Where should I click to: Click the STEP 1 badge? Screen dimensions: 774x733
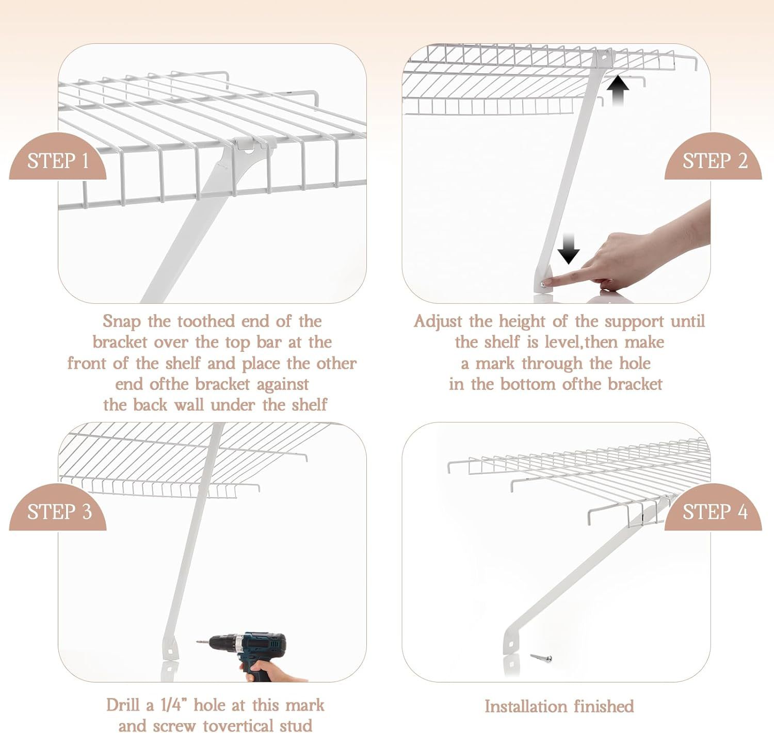[58, 157]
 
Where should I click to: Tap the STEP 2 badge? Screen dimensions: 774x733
[714, 157]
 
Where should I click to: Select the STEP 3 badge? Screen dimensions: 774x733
[58, 508]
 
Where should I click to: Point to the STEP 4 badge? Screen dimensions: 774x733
[714, 508]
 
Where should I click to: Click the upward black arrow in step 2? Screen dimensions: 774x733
[617, 91]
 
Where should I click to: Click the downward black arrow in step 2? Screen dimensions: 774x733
[569, 249]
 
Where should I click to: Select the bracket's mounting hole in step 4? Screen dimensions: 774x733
[511, 645]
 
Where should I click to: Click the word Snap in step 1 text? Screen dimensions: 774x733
[122, 322]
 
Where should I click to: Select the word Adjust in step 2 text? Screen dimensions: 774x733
[438, 322]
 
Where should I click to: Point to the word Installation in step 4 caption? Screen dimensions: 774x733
[525, 706]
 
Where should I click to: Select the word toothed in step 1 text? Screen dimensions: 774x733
[206, 321]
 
